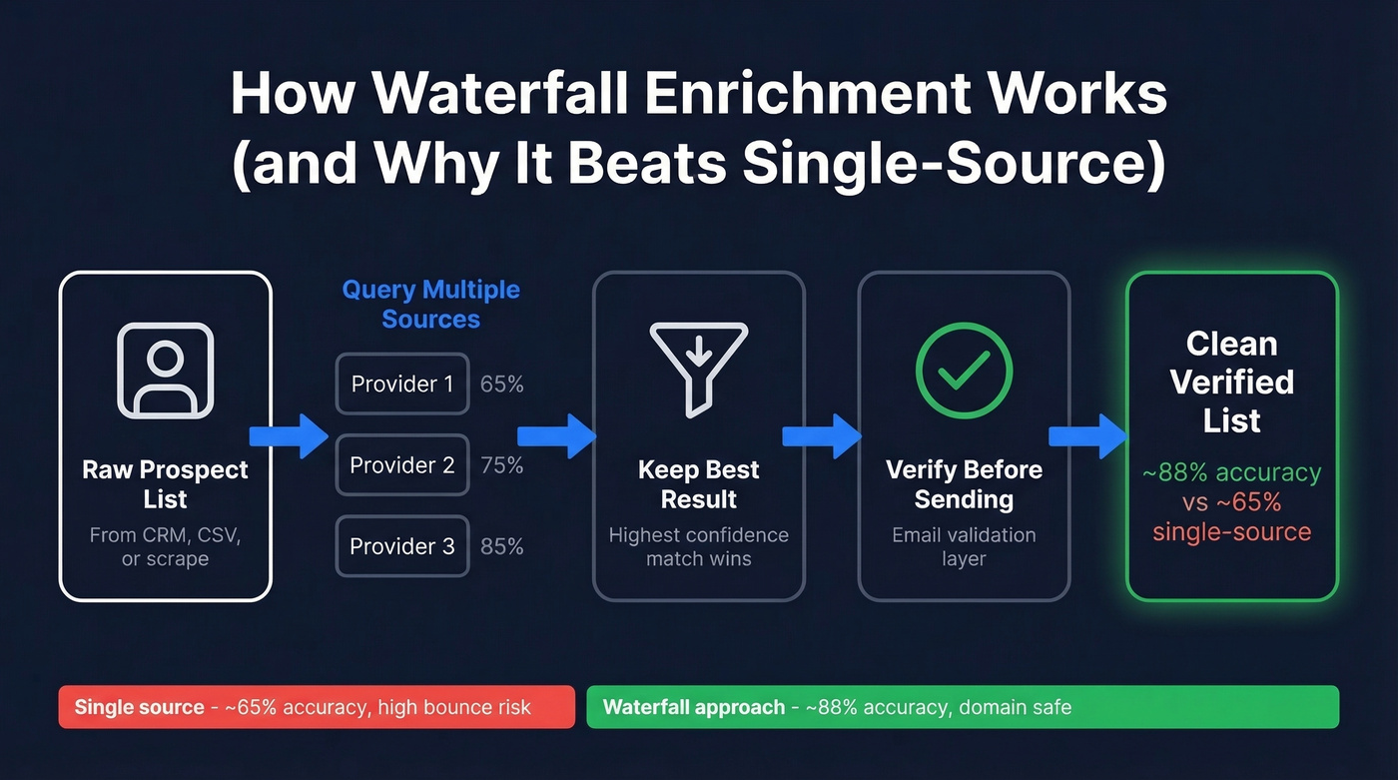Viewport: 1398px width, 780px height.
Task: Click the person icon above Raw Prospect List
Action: [x=165, y=370]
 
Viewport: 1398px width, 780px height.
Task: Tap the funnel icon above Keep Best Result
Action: [x=698, y=369]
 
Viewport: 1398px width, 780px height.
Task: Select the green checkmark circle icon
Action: [x=964, y=370]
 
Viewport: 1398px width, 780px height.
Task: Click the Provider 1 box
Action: [x=401, y=384]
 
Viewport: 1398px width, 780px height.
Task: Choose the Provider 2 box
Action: [x=401, y=464]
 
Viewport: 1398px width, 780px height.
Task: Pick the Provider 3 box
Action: [x=401, y=545]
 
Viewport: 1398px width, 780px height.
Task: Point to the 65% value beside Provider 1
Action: [x=501, y=384]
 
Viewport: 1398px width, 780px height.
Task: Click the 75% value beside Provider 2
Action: [x=501, y=464]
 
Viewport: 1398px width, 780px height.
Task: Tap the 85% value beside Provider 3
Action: [x=501, y=545]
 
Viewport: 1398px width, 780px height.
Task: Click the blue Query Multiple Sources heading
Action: [x=430, y=305]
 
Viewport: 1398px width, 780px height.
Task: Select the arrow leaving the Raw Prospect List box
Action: [x=289, y=436]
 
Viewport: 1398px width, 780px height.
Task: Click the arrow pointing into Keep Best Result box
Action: [x=556, y=436]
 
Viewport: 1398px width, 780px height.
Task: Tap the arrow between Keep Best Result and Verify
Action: [x=821, y=436]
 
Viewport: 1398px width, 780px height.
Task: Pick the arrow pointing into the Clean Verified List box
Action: [x=1087, y=436]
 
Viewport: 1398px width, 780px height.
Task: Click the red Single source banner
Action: [x=317, y=707]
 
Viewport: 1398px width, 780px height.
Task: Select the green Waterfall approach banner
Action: [x=962, y=707]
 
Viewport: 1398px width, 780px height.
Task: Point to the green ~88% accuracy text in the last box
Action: [x=1231, y=471]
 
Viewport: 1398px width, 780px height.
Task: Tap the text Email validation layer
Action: [x=964, y=546]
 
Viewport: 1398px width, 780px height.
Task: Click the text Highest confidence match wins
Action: [x=698, y=546]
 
